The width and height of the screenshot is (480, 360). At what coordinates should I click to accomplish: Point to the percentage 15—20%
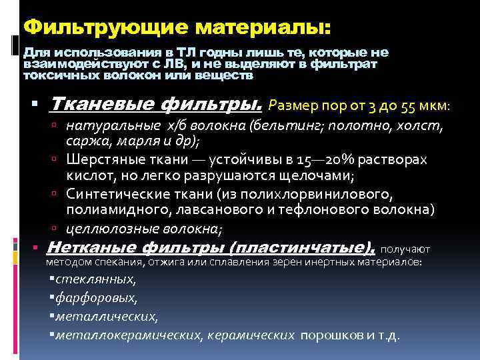click(341, 161)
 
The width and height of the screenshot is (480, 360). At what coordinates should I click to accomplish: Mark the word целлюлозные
click(105, 229)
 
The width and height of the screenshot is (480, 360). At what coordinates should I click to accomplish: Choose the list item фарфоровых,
click(97, 298)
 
